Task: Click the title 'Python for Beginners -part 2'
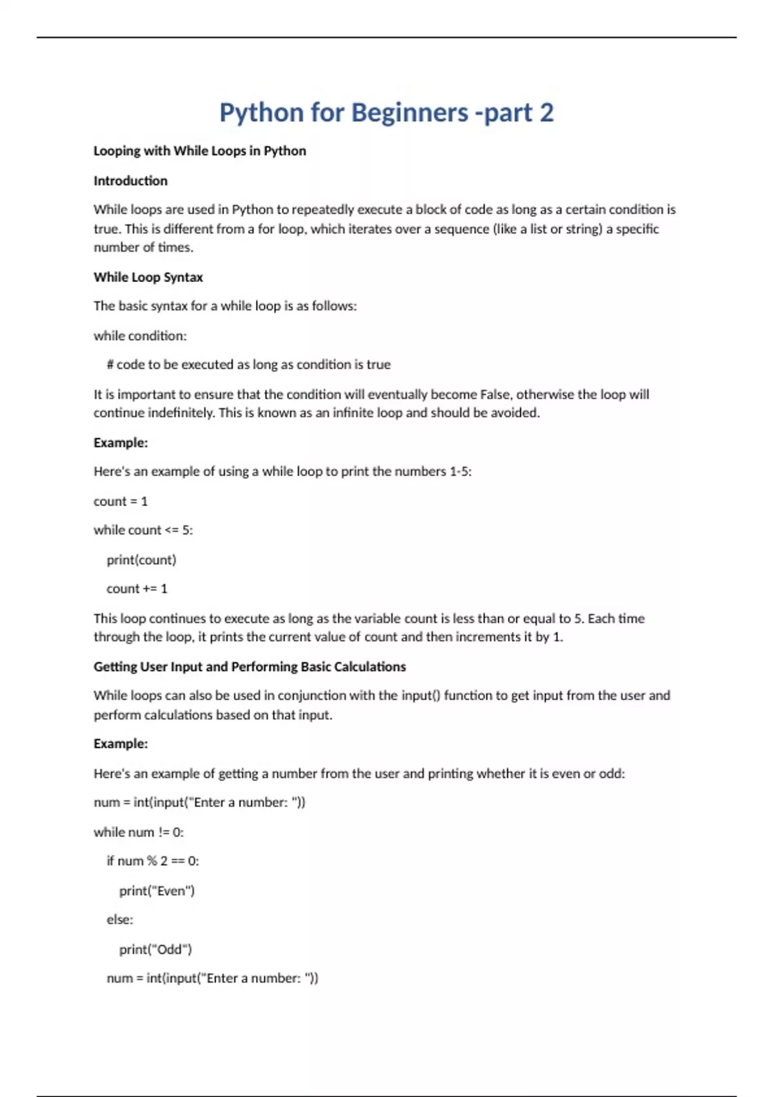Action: click(x=386, y=113)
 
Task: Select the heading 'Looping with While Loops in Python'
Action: click(x=199, y=151)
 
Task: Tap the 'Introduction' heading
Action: click(x=130, y=181)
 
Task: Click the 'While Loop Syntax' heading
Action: click(x=148, y=277)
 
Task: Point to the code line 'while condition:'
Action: click(x=140, y=336)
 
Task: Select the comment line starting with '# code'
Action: click(x=248, y=365)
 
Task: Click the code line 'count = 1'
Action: click(x=121, y=501)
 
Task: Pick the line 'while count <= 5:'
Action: click(x=143, y=530)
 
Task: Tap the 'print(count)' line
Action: click(x=141, y=559)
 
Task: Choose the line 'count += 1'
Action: click(x=137, y=589)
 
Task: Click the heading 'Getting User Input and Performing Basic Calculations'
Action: click(x=250, y=667)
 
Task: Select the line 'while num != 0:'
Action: click(x=139, y=832)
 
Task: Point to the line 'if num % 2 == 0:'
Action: click(x=153, y=861)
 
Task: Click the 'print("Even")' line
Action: click(x=157, y=891)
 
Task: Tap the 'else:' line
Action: click(x=120, y=920)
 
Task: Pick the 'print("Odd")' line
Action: click(x=155, y=949)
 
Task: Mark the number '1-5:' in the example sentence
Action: click(x=461, y=472)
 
